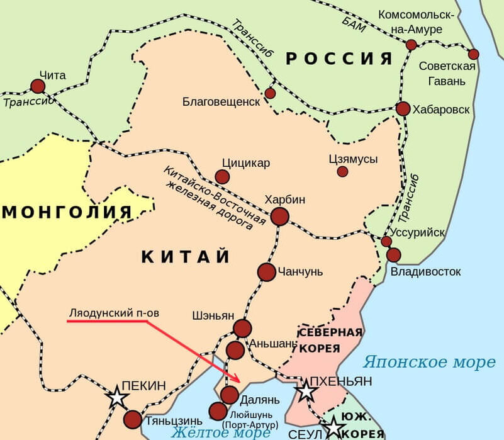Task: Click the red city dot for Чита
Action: coord(38,86)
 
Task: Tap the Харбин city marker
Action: coord(280,217)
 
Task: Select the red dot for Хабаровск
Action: coord(403,108)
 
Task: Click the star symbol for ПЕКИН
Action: coord(117,397)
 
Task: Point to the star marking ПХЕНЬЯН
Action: coord(306,391)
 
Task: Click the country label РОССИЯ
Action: coord(339,59)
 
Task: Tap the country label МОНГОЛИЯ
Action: coord(67,212)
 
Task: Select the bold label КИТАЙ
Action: coord(186,257)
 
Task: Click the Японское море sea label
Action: coord(429,362)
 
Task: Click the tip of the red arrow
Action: coord(241,381)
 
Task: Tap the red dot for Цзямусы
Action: coord(342,171)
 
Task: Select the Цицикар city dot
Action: coord(222,177)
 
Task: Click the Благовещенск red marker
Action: coord(270,93)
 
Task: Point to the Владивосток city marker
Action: coord(394,255)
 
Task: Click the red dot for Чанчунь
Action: coord(267,272)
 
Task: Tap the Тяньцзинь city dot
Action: coord(133,419)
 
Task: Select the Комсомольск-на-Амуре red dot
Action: coord(411,45)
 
